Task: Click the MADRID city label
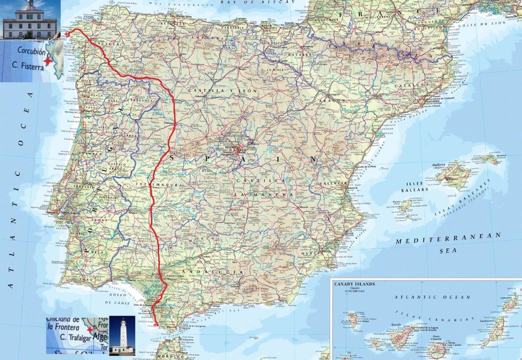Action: coord(233,147)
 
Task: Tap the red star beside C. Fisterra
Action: coord(47,61)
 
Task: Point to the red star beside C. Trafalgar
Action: coord(90,330)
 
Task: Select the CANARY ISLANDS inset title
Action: coord(355,284)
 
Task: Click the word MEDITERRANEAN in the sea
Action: coord(448,238)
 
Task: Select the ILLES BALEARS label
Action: coord(414,186)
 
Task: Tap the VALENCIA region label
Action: coord(334,184)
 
